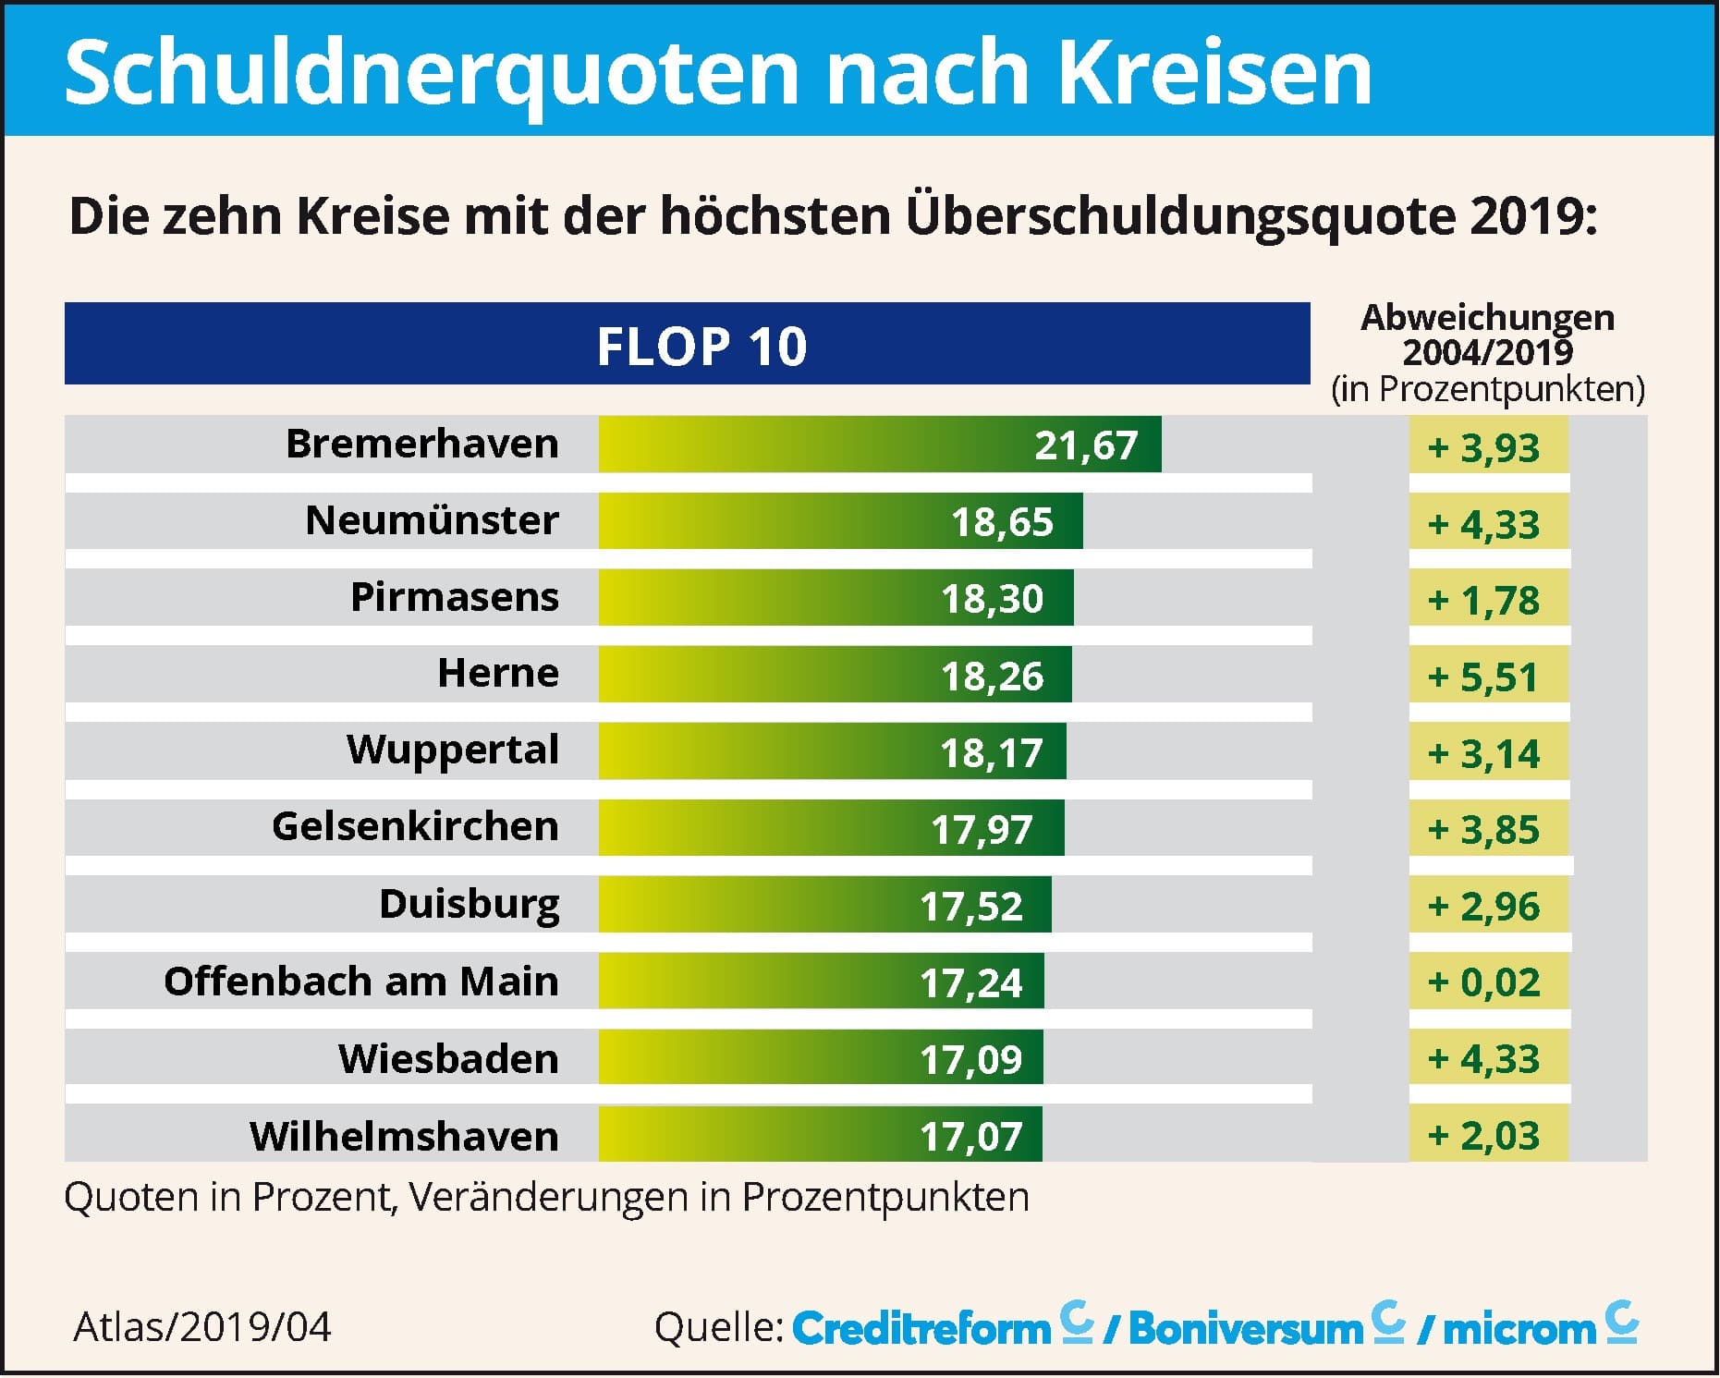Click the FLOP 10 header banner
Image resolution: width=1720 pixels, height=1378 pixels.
pos(687,344)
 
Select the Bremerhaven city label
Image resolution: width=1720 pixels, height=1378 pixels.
pos(421,444)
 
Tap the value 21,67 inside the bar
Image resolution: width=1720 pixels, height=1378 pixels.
pos(1085,445)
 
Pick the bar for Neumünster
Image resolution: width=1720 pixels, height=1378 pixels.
pos(839,521)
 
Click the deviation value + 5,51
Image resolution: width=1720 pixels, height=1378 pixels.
pos(1482,677)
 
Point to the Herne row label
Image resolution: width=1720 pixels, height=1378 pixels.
pos(497,673)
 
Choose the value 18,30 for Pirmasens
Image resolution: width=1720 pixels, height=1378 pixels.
pos(991,599)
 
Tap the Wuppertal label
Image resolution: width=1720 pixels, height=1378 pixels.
pos(452,750)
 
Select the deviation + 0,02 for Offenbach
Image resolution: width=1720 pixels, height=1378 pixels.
pos(1482,982)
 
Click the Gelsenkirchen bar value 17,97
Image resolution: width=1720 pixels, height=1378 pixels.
pos(981,829)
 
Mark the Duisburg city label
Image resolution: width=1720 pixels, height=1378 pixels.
pos(469,904)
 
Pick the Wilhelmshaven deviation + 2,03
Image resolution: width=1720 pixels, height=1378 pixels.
pos(1482,1135)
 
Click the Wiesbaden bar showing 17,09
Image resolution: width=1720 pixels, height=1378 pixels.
pos(820,1057)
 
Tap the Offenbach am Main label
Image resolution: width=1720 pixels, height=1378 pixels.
pos(360,981)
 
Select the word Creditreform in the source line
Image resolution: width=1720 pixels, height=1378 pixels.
pos(921,1329)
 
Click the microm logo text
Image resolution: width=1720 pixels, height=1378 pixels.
pos(1519,1329)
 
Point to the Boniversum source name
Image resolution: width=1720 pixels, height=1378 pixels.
pos(1245,1329)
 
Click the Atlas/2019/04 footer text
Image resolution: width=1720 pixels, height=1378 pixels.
pos(201,1327)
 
